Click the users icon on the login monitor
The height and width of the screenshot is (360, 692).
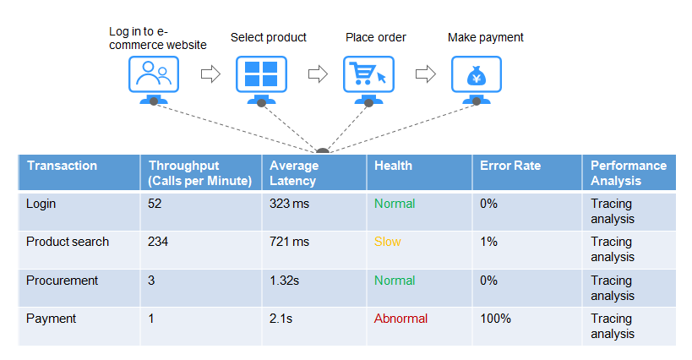154,74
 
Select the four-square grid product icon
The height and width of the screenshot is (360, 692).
261,74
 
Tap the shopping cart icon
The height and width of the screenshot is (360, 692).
368,74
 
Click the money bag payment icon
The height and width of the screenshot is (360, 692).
477,75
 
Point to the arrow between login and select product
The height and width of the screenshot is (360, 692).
210,74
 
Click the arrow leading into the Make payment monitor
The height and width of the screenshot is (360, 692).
426,74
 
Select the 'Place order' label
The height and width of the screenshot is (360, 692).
375,37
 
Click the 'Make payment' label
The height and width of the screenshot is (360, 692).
486,37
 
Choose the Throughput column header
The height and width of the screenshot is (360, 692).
200,173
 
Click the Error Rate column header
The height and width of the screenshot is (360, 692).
510,166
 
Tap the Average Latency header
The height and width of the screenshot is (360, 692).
294,173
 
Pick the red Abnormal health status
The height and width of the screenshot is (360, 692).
400,319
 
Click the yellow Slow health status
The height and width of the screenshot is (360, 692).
388,242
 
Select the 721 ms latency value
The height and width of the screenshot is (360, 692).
290,242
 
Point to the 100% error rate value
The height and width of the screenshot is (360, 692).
496,319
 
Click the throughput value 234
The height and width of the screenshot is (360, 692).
158,242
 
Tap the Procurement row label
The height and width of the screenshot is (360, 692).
62,281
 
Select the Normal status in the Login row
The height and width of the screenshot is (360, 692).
395,204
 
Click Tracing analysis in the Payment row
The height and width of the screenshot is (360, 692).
613,326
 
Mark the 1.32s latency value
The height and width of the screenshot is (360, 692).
284,281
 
